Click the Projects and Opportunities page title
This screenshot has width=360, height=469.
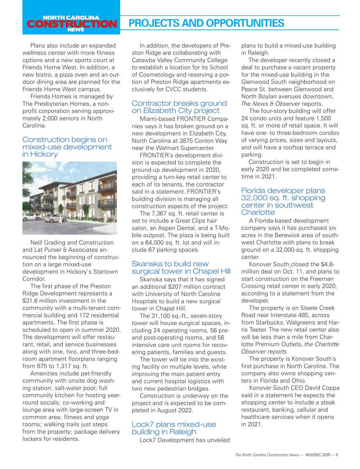point(206,23)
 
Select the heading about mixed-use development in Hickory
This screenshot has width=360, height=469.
point(67,147)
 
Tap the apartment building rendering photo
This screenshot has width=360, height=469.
point(70,198)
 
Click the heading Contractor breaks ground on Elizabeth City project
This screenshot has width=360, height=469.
point(179,107)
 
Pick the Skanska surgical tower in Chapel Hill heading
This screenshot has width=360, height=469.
point(181,268)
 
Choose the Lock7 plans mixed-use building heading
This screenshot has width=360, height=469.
point(174,428)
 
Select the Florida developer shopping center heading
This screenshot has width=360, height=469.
point(283,201)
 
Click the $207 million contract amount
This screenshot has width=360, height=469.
point(170,287)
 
